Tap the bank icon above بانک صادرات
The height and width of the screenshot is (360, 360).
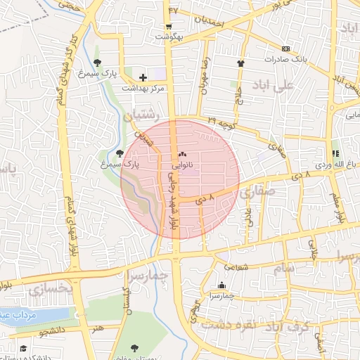click(x=285, y=49)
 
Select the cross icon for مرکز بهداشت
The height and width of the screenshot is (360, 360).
click(x=143, y=77)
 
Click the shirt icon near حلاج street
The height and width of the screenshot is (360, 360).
click(x=242, y=62)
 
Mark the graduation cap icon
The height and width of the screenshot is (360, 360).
click(x=22, y=349)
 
